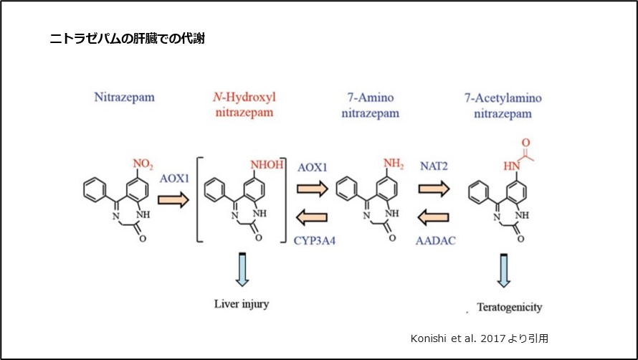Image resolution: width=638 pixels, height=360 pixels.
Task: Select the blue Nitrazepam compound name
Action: coord(124,96)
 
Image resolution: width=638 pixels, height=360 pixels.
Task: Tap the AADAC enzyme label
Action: coord(435,242)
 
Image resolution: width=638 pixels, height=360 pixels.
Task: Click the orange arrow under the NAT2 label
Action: coord(435,189)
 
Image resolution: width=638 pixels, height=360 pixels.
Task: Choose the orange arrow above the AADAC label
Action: coord(435,216)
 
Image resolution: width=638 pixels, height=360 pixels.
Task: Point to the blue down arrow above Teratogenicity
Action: coord(505,270)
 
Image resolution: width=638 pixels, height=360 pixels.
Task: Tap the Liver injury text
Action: coord(242,304)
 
